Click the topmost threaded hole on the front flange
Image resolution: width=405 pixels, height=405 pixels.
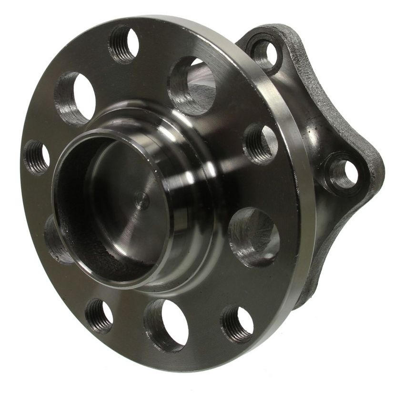(x=124, y=44)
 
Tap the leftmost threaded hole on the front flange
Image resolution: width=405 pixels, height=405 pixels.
(x=37, y=157)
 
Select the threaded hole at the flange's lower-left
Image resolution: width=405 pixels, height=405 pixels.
(x=99, y=315)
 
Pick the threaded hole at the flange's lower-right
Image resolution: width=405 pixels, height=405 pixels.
(x=237, y=324)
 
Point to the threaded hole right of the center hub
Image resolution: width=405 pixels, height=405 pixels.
(x=261, y=143)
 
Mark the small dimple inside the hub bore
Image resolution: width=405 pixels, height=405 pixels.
(x=140, y=200)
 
